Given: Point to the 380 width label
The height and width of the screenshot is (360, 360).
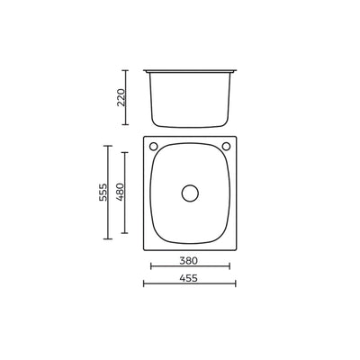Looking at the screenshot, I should [189, 261].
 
